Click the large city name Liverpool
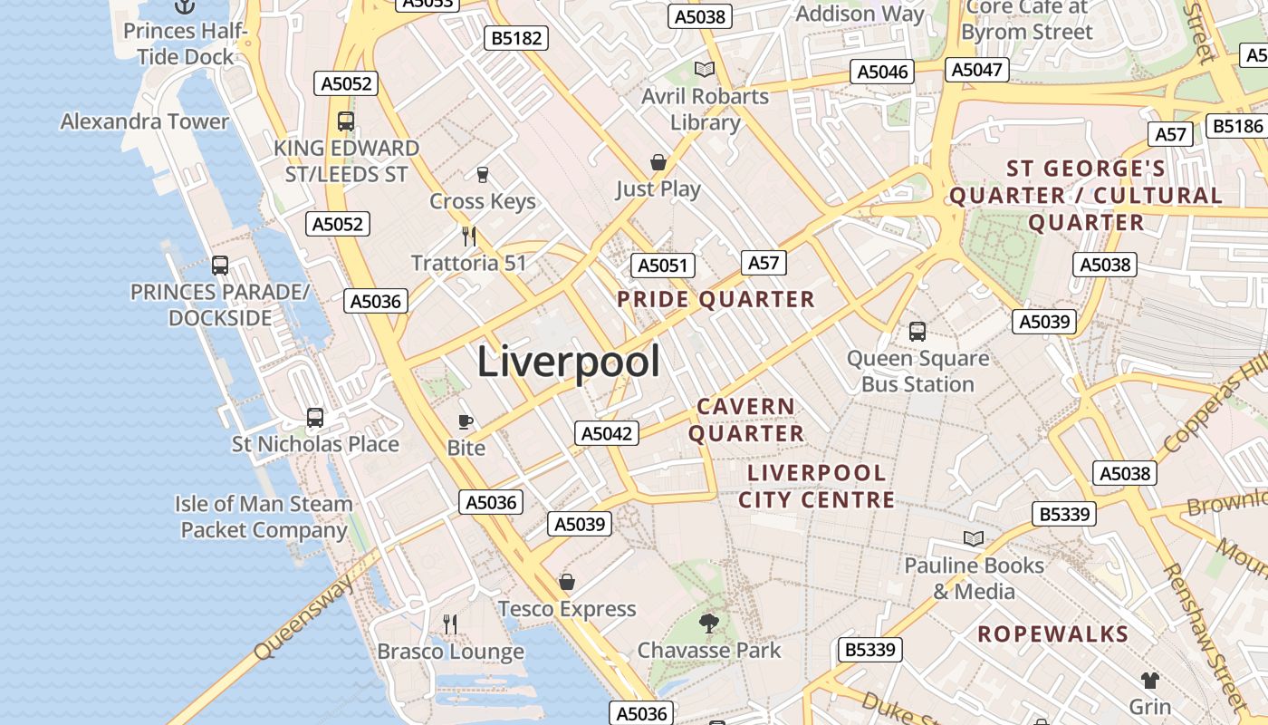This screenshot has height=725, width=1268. (x=568, y=362)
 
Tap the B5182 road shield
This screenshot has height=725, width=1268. (x=516, y=38)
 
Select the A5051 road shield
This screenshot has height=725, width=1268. (x=663, y=266)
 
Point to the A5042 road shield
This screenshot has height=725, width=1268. (x=607, y=433)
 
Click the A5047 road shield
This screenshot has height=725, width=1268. (x=977, y=70)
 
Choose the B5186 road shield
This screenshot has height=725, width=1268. (x=1238, y=126)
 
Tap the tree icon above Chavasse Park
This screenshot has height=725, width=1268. (x=709, y=623)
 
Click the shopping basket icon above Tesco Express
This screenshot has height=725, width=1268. (x=567, y=582)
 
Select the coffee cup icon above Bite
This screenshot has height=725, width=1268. (x=466, y=421)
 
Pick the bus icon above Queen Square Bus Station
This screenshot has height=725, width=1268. (x=917, y=332)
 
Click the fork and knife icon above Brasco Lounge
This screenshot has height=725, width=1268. (x=450, y=623)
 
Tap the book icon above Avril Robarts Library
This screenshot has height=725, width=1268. (x=705, y=69)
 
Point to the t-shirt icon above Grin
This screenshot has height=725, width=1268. (x=1149, y=680)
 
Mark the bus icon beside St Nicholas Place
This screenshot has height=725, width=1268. (x=315, y=418)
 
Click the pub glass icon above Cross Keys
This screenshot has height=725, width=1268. (x=483, y=174)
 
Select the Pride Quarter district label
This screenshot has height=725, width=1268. (x=716, y=299)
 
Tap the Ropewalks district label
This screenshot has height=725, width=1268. (x=1052, y=633)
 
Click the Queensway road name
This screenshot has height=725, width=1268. (x=304, y=618)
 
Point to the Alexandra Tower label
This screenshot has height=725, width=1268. (x=145, y=121)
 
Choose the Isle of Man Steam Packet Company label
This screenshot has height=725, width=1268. (x=264, y=517)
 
